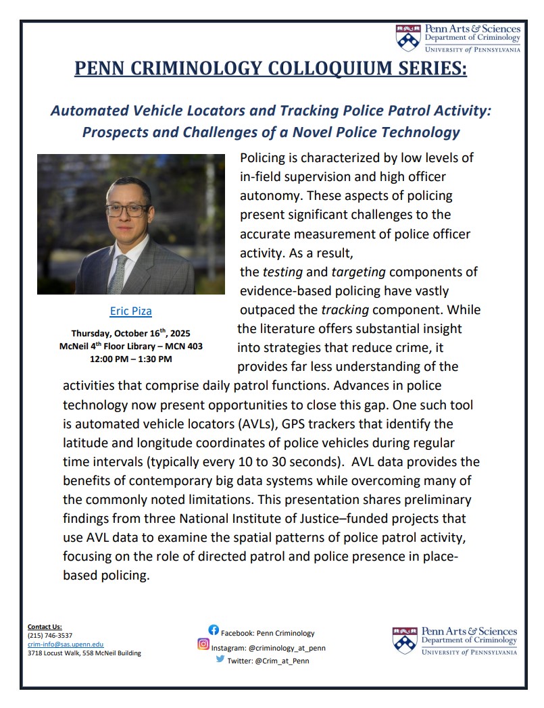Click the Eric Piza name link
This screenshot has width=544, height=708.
click(131, 311)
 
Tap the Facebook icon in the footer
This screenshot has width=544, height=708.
click(213, 630)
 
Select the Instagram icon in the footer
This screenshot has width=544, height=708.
click(203, 644)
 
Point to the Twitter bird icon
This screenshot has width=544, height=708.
click(220, 659)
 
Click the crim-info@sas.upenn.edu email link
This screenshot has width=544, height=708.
click(66, 644)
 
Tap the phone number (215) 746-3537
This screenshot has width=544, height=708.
click(50, 636)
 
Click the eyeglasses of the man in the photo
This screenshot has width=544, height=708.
click(126, 209)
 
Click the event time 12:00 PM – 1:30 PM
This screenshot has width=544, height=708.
click(131, 359)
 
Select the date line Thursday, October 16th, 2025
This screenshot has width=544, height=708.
click(131, 334)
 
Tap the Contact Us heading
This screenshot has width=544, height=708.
click(45, 627)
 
